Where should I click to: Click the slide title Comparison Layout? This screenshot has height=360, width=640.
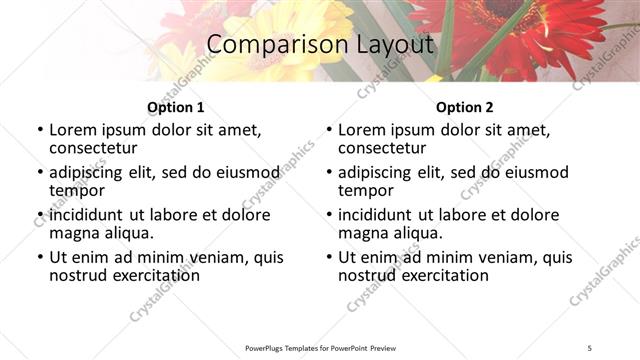point(319,45)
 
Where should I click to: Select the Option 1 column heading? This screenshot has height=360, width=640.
point(175,107)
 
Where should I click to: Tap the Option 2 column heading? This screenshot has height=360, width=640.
point(464,107)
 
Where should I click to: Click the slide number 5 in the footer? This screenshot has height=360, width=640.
point(590,348)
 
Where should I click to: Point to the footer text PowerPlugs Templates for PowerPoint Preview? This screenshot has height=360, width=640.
point(320,348)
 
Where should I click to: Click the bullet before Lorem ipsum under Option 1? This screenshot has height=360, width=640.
point(40,131)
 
